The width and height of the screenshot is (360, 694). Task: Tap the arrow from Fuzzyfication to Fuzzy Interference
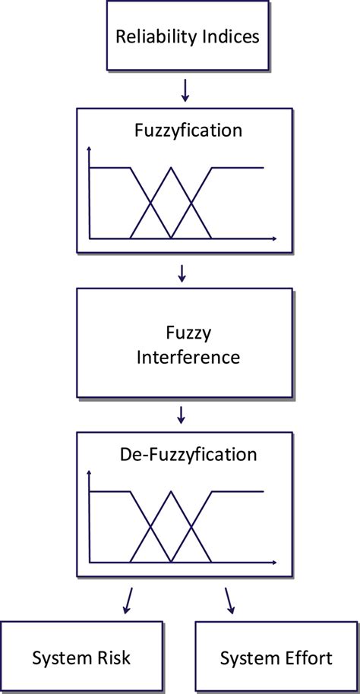coord(182,271)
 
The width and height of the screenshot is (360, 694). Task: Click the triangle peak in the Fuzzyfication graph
coord(172,168)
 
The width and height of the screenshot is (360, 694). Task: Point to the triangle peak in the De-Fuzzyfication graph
coord(172,493)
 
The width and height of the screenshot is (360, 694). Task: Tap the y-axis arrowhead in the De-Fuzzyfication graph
coord(90,473)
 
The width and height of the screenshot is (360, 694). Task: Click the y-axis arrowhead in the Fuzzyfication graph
coord(90,147)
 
